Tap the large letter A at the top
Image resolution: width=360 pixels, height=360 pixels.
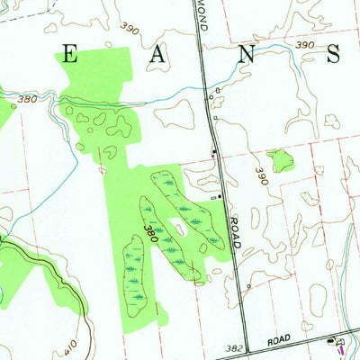[x=158, y=55]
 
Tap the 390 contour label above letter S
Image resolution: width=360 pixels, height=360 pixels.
[x=303, y=45]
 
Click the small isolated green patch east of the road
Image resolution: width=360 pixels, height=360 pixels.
[x=280, y=161]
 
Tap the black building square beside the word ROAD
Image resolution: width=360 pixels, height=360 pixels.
[x=219, y=195]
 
